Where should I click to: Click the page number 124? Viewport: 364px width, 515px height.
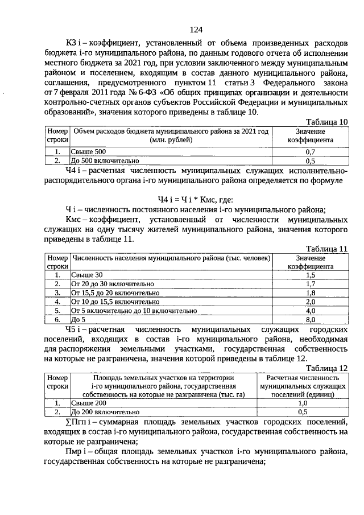196,30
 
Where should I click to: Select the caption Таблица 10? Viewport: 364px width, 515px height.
326,122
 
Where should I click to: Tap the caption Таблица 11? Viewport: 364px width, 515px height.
326,249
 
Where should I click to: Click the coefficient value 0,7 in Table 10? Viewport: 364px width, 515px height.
311,152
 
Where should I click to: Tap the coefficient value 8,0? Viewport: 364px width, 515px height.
311,320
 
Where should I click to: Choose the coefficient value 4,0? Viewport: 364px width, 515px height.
311,311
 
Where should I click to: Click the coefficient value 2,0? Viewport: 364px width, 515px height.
311,302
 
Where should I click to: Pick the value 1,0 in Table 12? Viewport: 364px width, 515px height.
303,403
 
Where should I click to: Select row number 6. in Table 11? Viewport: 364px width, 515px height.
57,320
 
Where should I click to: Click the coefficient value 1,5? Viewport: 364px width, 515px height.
311,275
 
